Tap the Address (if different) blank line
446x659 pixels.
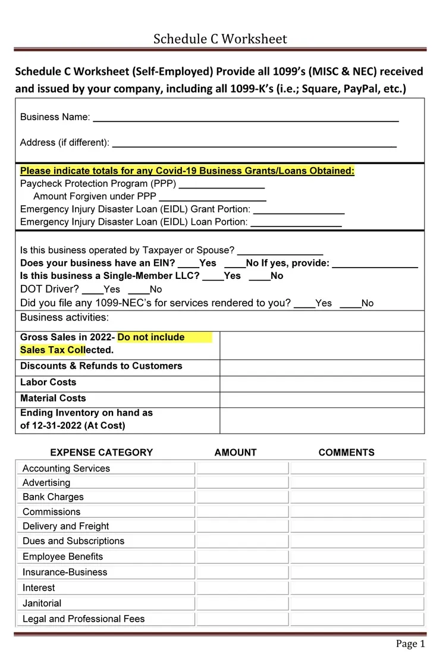(x=254, y=143)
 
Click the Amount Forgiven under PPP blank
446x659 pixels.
(x=212, y=197)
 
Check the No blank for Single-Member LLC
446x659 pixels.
(x=259, y=277)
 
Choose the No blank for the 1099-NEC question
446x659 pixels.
(x=350, y=304)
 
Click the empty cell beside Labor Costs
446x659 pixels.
(x=322, y=383)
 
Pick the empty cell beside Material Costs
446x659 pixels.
(x=322, y=399)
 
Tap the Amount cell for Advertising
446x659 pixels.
(x=242, y=482)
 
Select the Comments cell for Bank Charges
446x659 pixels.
(x=357, y=497)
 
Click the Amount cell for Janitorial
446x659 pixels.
(x=242, y=603)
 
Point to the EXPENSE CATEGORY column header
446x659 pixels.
(x=102, y=453)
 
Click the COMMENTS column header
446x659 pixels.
(x=347, y=453)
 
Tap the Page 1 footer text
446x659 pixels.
(x=410, y=644)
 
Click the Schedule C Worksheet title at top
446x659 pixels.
(x=220, y=39)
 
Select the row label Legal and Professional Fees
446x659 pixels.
(x=83, y=619)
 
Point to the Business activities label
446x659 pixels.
(x=64, y=318)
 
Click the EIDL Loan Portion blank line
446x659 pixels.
(x=296, y=223)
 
